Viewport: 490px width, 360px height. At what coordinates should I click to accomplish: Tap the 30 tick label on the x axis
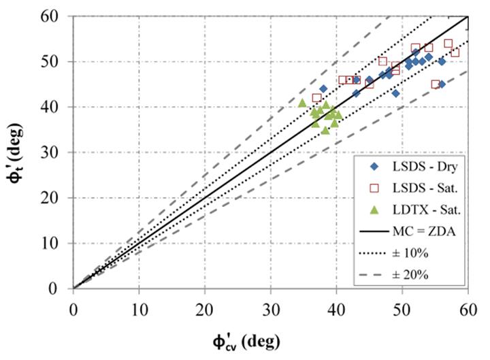coord(270,306)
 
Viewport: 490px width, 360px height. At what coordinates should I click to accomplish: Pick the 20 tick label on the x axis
coord(204,306)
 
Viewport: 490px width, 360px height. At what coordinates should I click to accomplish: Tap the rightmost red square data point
coord(455,52)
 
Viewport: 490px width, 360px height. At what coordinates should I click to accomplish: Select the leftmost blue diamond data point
coord(323,89)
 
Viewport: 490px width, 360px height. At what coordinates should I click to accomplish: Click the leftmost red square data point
coord(316,98)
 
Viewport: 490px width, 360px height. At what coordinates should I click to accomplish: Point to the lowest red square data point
coord(436,84)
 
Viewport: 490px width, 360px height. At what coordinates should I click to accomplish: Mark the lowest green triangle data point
coord(325,130)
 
